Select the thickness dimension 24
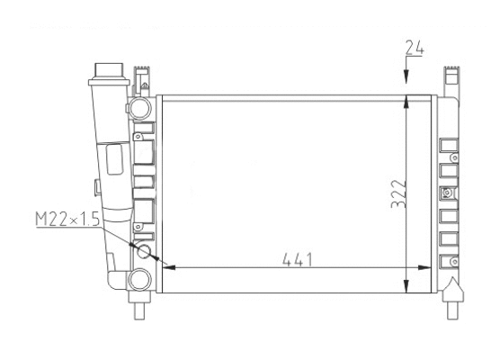coord(415,49)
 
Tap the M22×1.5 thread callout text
coord(68,219)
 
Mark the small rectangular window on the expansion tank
coord(115,159)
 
